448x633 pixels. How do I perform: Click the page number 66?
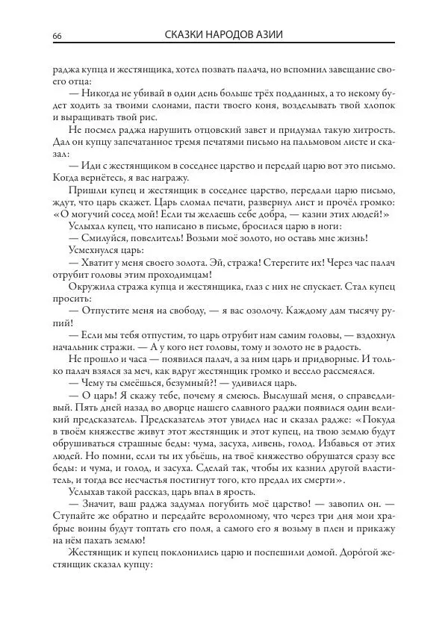[57, 37]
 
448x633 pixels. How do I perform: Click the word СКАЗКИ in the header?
[185, 35]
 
